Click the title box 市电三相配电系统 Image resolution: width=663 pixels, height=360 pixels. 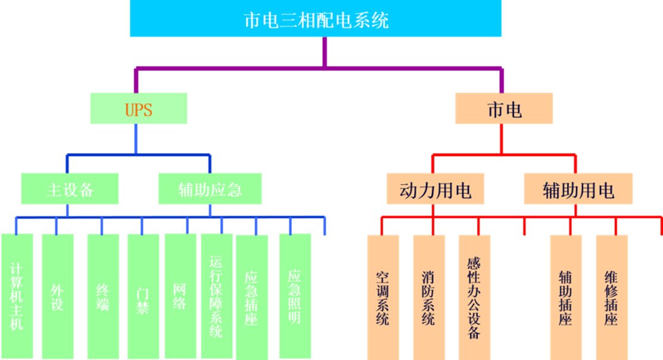(x=316, y=19)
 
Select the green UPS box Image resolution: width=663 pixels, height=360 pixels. (x=138, y=108)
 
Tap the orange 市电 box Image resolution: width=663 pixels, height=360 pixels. (x=504, y=108)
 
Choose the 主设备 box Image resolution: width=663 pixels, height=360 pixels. (x=70, y=189)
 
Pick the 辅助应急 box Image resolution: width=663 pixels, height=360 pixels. (x=210, y=189)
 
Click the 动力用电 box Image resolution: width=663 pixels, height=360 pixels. (x=435, y=190)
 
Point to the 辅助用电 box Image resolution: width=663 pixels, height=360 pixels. (x=578, y=190)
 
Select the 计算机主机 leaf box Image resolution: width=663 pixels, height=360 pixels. (x=17, y=296)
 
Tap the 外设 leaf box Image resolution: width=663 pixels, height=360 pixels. (x=57, y=296)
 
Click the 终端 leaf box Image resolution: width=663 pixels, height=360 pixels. (x=103, y=296)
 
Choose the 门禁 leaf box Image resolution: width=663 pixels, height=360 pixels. (x=143, y=296)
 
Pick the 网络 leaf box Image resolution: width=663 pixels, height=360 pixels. (x=180, y=296)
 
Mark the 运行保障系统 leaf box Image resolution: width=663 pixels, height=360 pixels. (x=216, y=296)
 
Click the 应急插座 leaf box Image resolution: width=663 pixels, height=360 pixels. (x=251, y=296)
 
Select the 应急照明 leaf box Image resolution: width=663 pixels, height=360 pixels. (x=294, y=296)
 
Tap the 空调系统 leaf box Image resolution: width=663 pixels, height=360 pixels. (x=383, y=297)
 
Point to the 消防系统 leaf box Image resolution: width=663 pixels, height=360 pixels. (x=429, y=297)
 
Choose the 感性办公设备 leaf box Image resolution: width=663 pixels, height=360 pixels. (x=474, y=297)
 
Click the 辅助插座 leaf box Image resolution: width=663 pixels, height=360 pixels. (x=566, y=297)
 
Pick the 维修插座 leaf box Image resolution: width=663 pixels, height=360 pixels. (x=611, y=297)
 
